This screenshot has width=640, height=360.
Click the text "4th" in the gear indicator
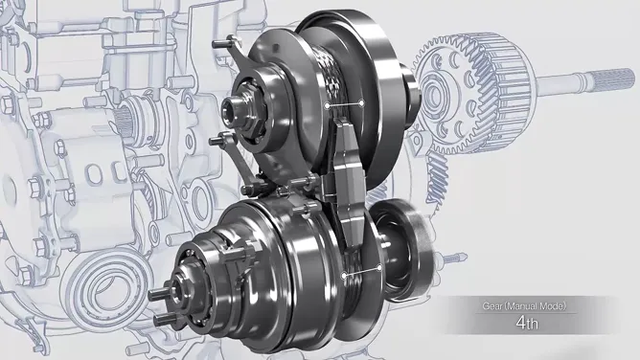click(x=527, y=323)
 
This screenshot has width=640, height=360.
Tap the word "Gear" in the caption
click(x=492, y=305)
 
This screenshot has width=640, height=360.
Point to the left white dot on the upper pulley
click(x=327, y=105)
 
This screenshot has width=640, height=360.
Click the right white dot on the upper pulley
click(x=361, y=103)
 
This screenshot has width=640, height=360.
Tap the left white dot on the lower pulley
click(x=344, y=276)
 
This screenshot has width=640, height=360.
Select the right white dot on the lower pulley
click(x=379, y=268)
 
